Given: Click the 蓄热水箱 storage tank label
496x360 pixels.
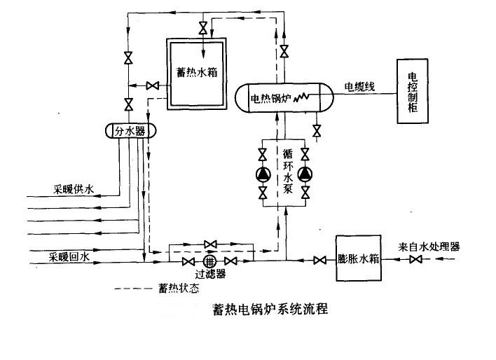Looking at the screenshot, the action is (197, 72).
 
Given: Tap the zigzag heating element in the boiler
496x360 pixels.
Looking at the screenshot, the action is (301, 97).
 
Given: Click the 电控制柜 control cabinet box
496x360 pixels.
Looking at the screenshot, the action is (413, 91).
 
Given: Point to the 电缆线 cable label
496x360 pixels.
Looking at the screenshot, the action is (359, 86).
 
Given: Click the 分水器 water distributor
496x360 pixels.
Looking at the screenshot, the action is (130, 131).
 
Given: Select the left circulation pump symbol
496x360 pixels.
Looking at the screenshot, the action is (263, 174).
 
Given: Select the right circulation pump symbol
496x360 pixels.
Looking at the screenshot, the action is (305, 174).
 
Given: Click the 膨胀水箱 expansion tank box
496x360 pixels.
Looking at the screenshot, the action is (359, 258).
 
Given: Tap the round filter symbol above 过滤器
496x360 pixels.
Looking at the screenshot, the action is (209, 261).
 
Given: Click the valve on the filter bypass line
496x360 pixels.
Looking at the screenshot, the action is (210, 244).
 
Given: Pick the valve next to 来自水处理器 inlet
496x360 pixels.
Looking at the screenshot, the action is (415, 259).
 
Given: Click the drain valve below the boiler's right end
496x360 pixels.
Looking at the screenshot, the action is (317, 131).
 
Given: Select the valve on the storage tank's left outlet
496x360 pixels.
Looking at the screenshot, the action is (153, 85).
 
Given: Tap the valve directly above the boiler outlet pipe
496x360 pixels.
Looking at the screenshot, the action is (284, 51).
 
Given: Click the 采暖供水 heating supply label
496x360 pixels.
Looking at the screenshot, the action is (74, 190).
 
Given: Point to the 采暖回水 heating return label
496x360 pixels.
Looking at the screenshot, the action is (69, 256).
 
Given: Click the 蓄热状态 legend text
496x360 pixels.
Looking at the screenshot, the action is (179, 288).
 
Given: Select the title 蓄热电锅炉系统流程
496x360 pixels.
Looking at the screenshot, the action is (270, 309).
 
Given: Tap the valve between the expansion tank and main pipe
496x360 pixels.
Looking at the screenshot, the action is (319, 261).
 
